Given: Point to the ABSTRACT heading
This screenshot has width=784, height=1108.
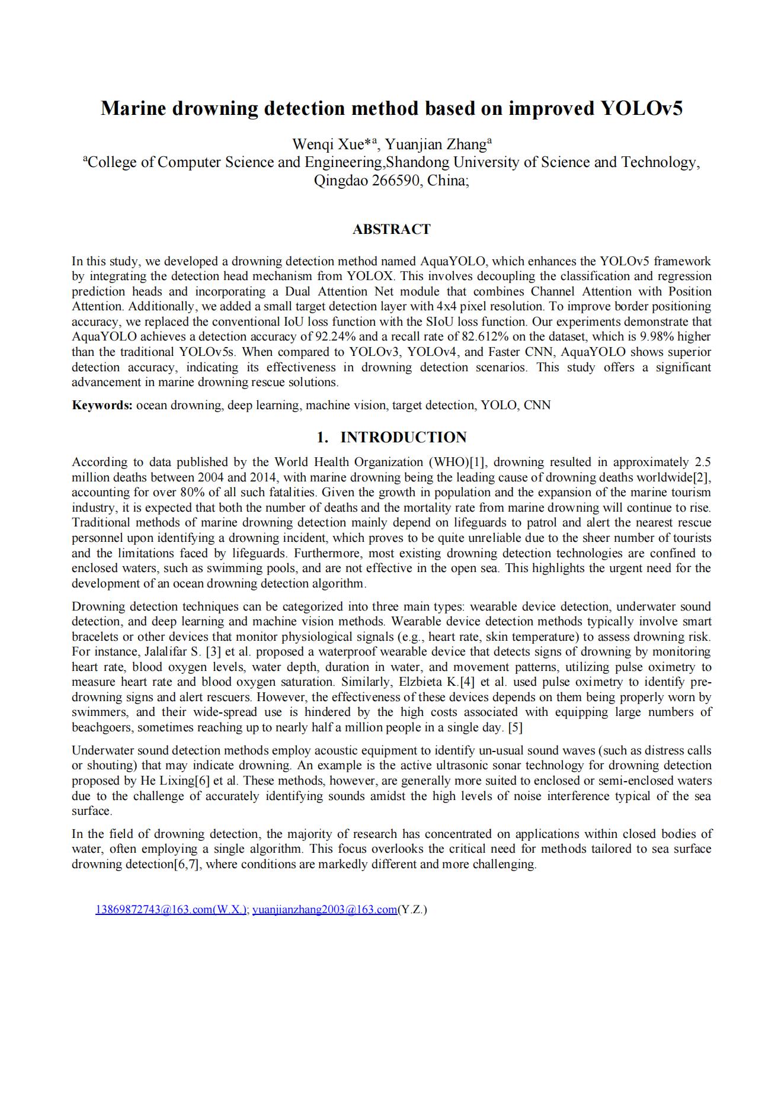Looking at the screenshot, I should coord(391,229).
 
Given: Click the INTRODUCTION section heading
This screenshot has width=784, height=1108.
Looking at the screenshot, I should coord(403,437).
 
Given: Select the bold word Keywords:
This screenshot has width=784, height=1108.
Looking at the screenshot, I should coord(102,405).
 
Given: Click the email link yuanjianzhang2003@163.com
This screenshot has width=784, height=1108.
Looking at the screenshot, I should coord(325,910).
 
